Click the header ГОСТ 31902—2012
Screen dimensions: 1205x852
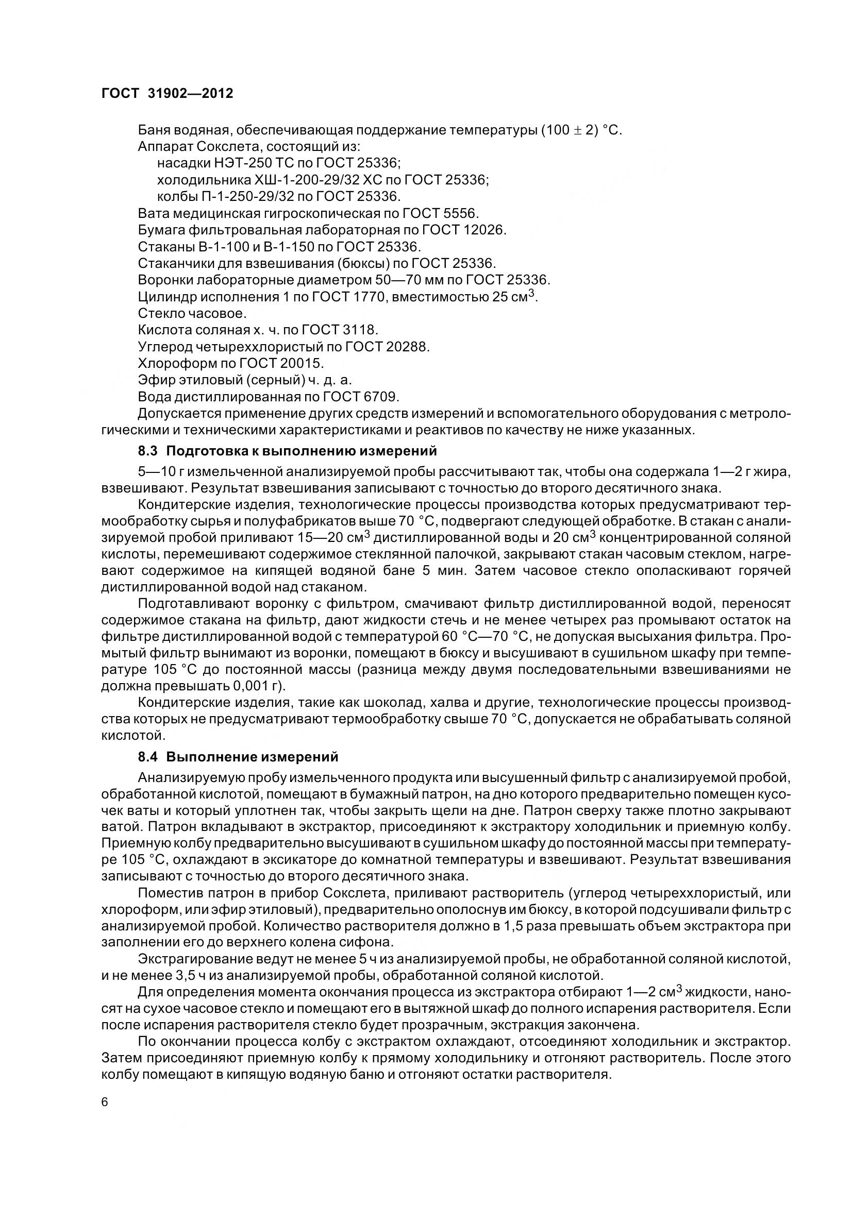coord(167,93)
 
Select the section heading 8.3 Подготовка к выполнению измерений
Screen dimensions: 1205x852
coord(287,451)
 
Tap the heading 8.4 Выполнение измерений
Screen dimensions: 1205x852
coord(238,757)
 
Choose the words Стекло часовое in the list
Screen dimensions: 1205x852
coord(192,313)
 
